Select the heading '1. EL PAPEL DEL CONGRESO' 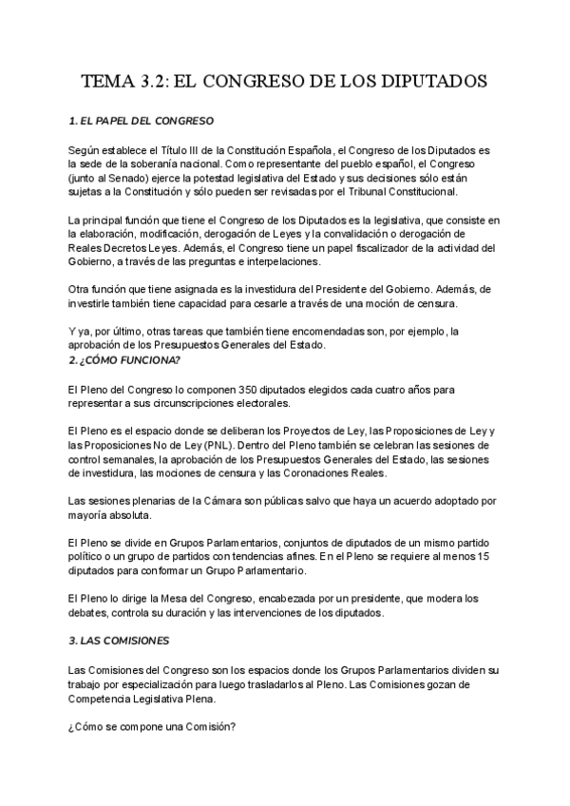[142, 122]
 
